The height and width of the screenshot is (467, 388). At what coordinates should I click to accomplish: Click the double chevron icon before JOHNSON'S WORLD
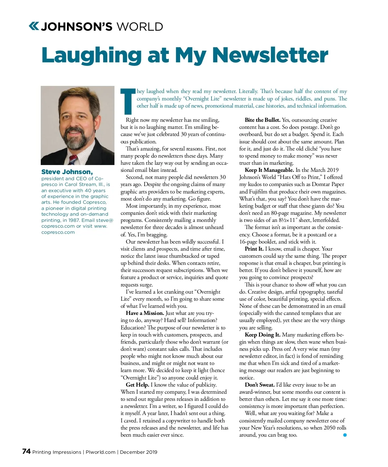tap(34, 26)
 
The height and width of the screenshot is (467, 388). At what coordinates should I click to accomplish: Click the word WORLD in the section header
tap(140, 27)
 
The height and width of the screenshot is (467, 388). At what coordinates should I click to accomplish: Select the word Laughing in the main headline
tap(92, 56)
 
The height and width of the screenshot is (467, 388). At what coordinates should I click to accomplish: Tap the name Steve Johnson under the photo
tap(67, 172)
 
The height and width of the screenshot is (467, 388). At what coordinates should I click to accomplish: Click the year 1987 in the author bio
tap(74, 220)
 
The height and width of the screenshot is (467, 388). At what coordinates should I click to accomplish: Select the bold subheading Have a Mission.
tap(145, 313)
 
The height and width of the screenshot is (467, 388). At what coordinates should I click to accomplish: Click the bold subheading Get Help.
tap(137, 385)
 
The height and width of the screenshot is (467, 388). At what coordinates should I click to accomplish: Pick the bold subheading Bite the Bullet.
tap(263, 120)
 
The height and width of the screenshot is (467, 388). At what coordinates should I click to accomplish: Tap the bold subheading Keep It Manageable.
tap(269, 170)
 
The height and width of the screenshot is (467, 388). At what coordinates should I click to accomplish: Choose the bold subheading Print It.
tap(254, 249)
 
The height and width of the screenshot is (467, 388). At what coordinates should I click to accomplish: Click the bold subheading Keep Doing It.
tap(263, 335)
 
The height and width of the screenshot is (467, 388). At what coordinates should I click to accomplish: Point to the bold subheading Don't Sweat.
tap(260, 385)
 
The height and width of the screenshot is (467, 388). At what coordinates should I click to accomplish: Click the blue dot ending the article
tap(345, 435)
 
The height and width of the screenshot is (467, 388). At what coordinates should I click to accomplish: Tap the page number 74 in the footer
tap(26, 451)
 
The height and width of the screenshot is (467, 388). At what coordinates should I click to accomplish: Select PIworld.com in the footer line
tap(100, 452)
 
